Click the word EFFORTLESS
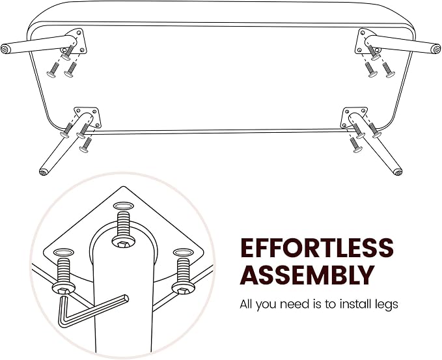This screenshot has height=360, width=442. coord(316,248)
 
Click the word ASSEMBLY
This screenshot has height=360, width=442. coord(307,275)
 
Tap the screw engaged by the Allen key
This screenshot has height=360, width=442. coord(64,277)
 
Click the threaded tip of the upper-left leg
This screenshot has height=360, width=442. coord(6,49)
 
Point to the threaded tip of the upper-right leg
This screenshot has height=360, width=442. coord(436,48)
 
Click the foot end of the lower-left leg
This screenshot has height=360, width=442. coord(43,172)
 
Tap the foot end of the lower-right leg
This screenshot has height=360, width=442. coord(398,172)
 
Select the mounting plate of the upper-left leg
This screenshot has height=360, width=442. coord(76,41)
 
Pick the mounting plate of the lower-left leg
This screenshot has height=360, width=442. coord(87,117)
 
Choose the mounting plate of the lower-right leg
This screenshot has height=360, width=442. coord(354,117)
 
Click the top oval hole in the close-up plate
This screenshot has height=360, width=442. coord(123,206)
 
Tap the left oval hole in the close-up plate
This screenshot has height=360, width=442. coord(64,252)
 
